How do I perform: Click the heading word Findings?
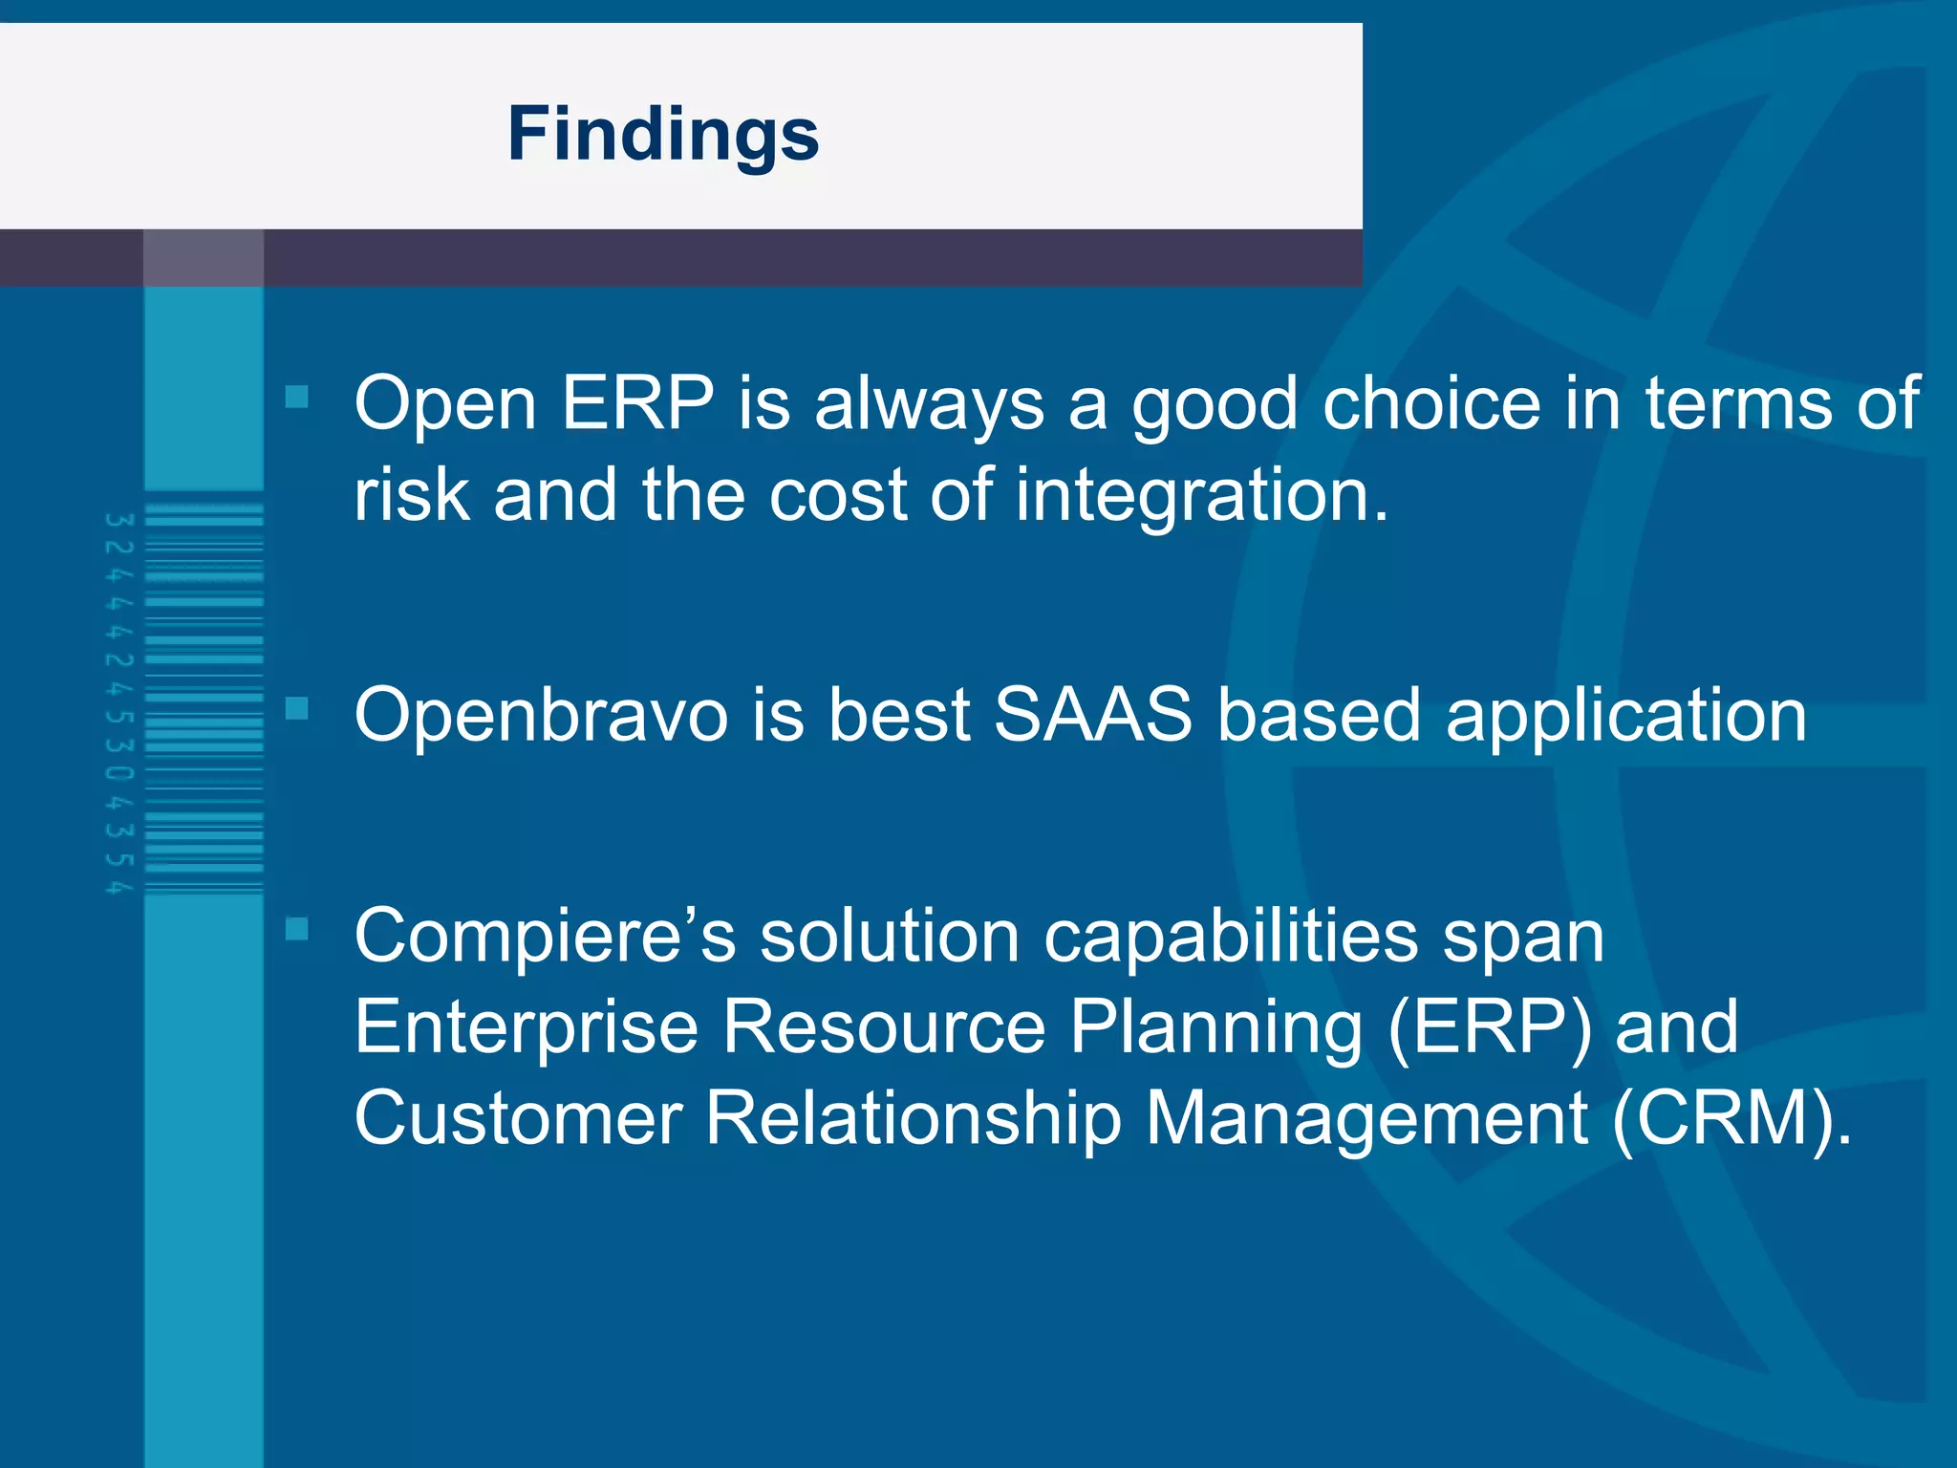pyautogui.click(x=662, y=134)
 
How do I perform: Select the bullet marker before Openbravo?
pyautogui.click(x=297, y=708)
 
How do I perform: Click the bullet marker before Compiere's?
pyautogui.click(x=297, y=928)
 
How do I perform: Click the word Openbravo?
pyautogui.click(x=541, y=715)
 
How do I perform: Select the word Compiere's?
pyautogui.click(x=545, y=937)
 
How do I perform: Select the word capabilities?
pyautogui.click(x=1231, y=937)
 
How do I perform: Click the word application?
pyautogui.click(x=1625, y=717)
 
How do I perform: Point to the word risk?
pyautogui.click(x=412, y=496)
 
